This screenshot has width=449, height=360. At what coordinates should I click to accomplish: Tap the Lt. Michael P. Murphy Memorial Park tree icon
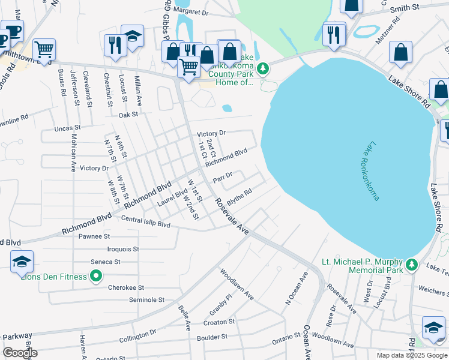pyautogui.click(x=411, y=264)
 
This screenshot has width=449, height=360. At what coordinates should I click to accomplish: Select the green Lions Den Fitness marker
pyautogui.click(x=95, y=276)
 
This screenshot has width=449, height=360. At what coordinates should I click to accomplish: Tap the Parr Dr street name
pyautogui.click(x=222, y=178)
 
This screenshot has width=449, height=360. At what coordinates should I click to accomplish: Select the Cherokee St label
pyautogui.click(x=126, y=288)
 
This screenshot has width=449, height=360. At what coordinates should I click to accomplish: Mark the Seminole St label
pyautogui.click(x=146, y=299)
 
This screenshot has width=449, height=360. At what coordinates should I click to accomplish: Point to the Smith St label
pyautogui.click(x=405, y=8)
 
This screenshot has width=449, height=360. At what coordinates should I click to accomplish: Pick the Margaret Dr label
pyautogui.click(x=191, y=12)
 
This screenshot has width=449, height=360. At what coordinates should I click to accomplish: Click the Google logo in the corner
pyautogui.click(x=20, y=353)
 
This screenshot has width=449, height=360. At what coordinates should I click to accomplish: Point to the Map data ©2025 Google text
pyautogui.click(x=411, y=355)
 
